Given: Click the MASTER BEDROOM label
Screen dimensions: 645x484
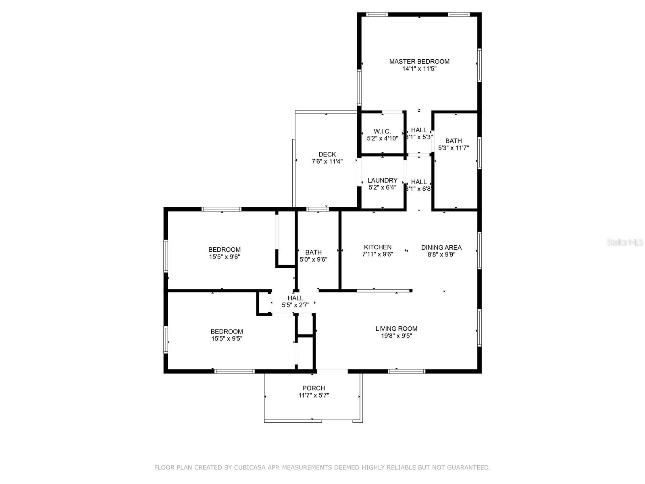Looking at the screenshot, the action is point(419,61).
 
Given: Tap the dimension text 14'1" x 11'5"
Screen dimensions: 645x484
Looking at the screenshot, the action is point(419,69).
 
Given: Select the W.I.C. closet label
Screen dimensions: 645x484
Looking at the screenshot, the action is point(382,131).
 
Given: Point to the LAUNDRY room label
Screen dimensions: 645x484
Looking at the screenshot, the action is point(382,180).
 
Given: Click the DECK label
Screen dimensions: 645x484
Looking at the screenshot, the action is point(327,154).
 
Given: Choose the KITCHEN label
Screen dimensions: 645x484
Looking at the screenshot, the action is point(378,247).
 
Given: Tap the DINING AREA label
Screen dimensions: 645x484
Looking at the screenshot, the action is point(441,247).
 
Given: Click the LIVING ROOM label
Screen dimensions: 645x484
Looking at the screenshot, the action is point(396,329).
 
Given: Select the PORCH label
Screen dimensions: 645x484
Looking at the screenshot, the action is point(314,388).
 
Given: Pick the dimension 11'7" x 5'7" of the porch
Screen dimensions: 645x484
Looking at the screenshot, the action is point(314,395).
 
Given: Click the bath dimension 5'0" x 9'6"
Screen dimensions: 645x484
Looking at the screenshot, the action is point(313,259).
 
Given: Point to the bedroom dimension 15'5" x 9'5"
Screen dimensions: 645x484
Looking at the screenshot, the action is point(227,338).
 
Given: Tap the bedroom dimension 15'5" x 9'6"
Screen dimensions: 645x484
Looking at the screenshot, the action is point(225,257).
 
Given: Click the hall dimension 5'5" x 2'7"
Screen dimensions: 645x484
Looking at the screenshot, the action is point(295,305).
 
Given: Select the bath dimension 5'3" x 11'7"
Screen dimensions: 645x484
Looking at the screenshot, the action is point(454,148).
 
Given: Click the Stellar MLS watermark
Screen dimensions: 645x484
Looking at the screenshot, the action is point(625,242).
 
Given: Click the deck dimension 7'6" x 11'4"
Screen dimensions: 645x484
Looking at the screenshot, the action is point(327,161).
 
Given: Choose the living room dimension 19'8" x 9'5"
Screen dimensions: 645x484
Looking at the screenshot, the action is point(396,336).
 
